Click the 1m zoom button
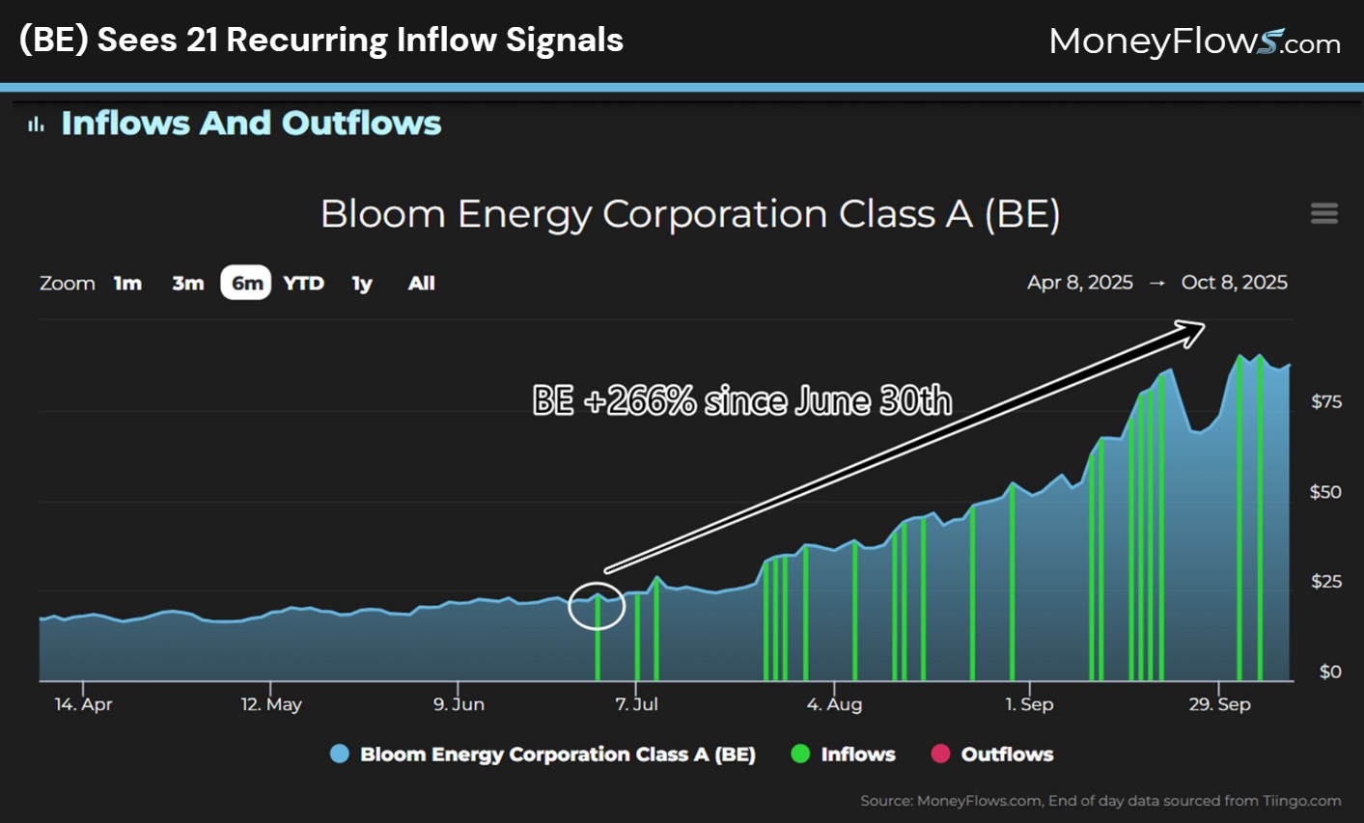tap(127, 283)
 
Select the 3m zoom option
tap(187, 283)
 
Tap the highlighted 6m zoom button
tap(246, 283)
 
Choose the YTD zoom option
tap(303, 283)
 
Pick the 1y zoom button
tap(362, 283)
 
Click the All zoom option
tap(421, 283)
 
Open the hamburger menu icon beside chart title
tap(1323, 213)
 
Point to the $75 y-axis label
tap(1325, 401)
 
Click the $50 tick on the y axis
tap(1325, 492)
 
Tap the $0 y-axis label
tap(1330, 672)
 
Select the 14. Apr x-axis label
tap(83, 704)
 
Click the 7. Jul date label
tap(636, 704)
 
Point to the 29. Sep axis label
tap(1219, 704)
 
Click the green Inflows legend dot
tap(800, 754)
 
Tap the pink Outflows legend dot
tap(940, 754)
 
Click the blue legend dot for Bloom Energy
tap(339, 754)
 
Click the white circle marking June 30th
tap(597, 606)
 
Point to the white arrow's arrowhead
tap(1194, 332)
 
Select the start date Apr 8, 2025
tap(1079, 283)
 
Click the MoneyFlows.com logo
tap(1194, 41)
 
